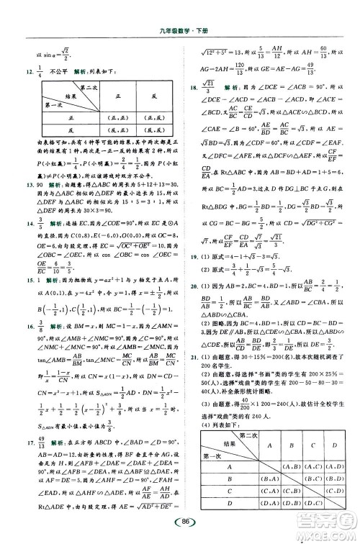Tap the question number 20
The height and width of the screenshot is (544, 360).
[189, 284]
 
